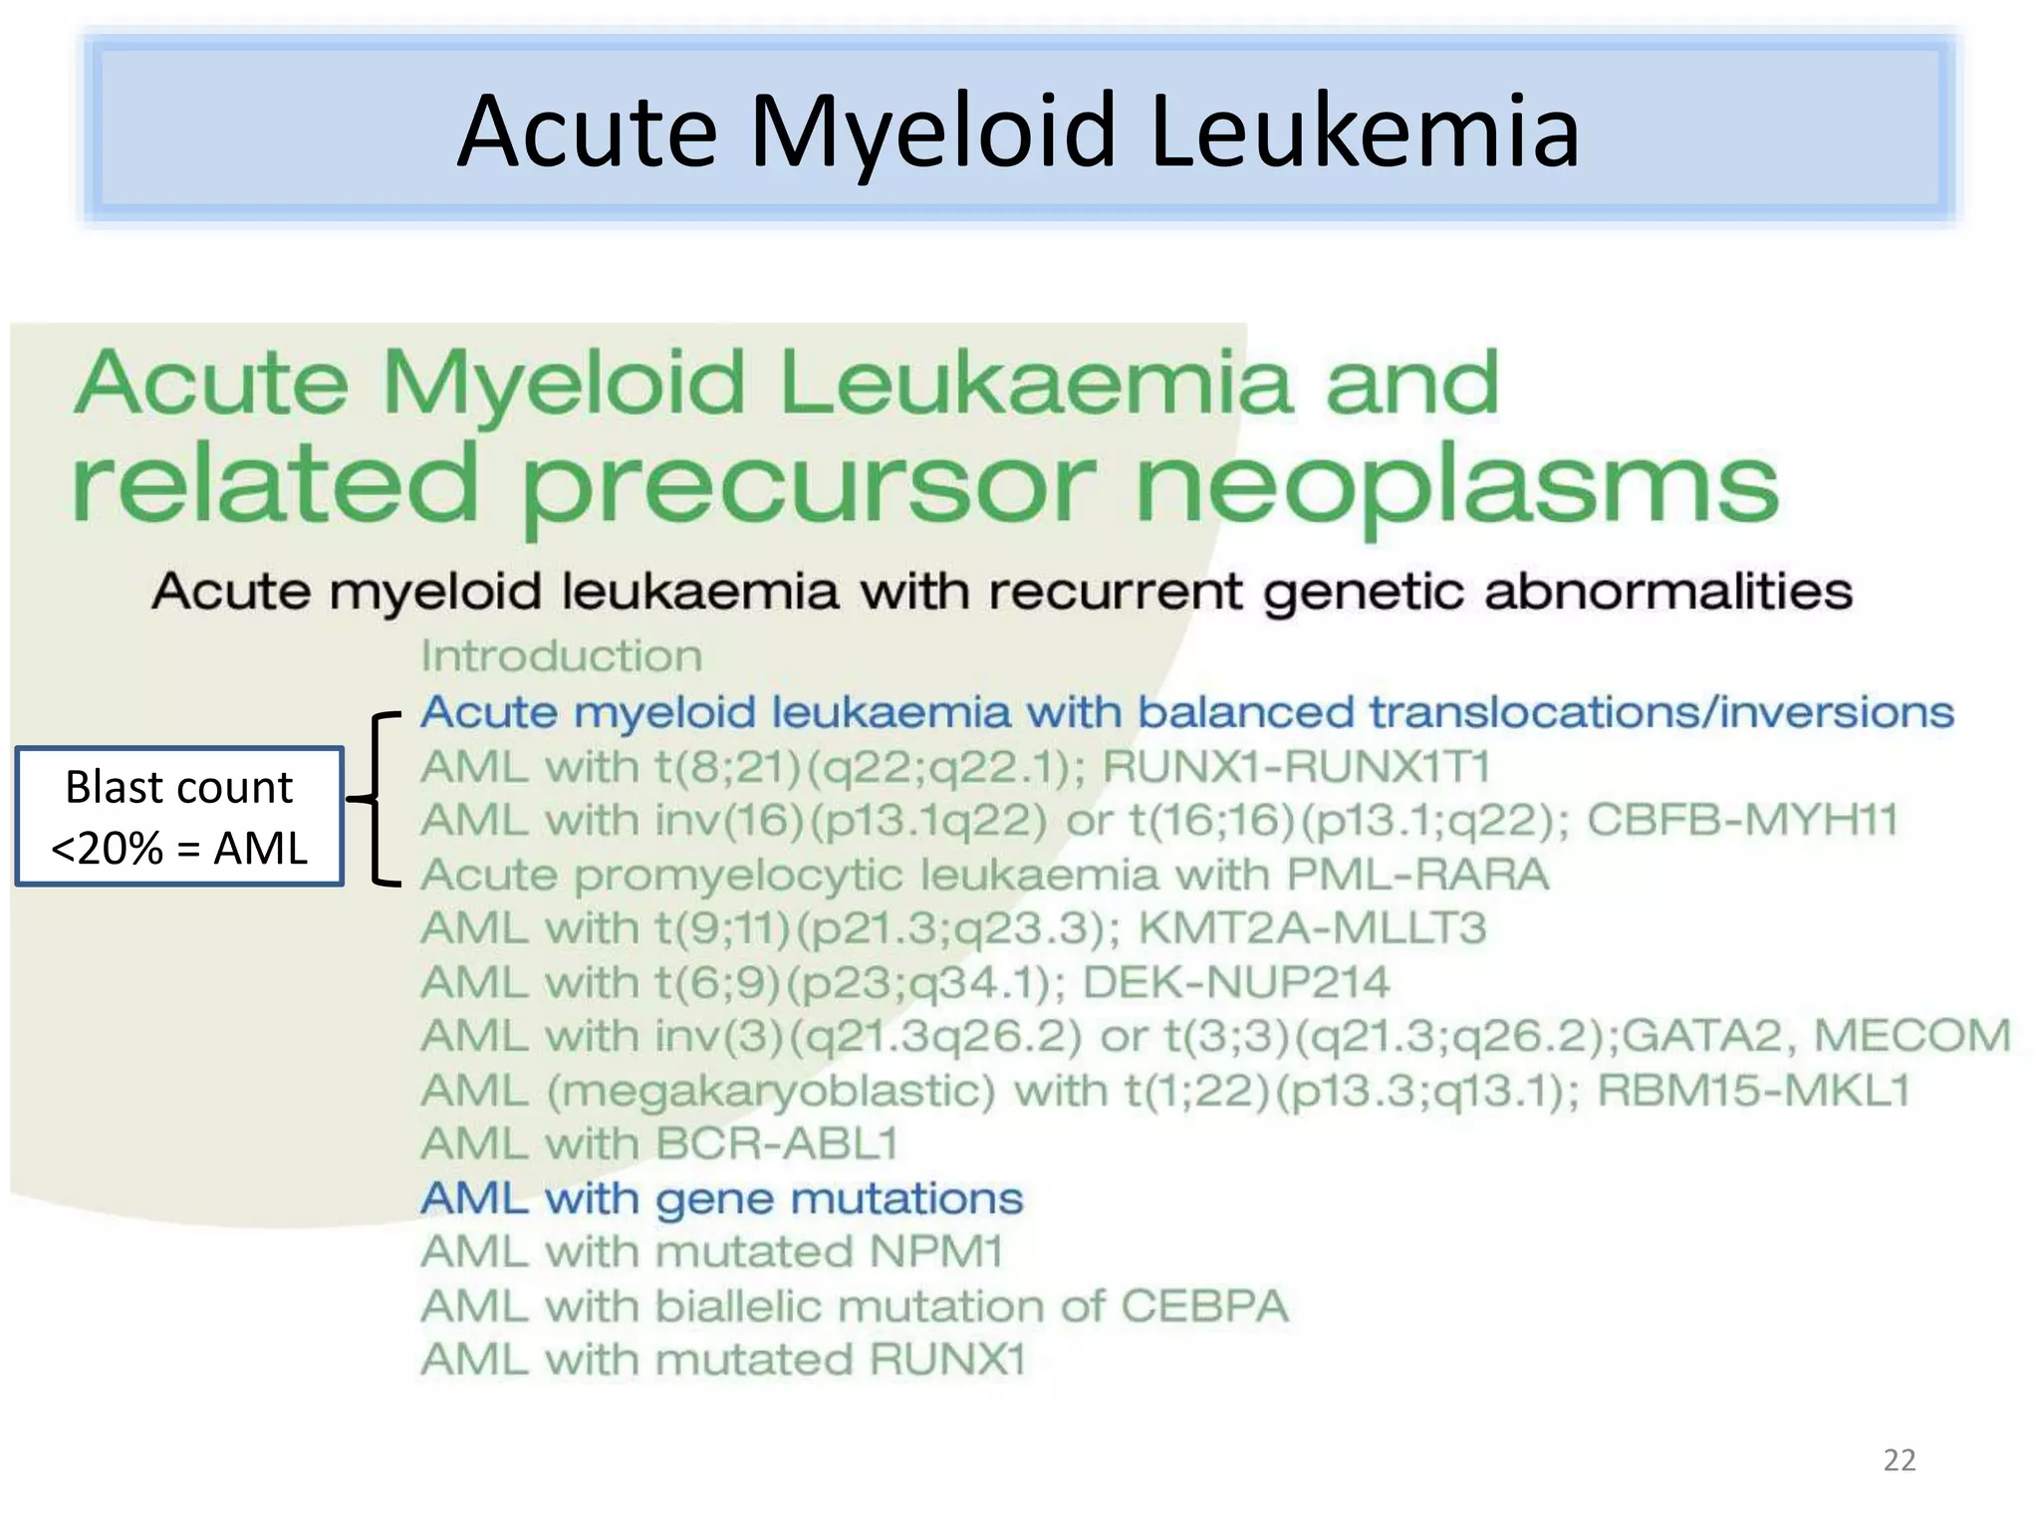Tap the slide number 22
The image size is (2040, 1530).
pos(1899,1460)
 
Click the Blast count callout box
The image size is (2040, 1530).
pos(179,817)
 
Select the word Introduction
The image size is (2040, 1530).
pos(562,656)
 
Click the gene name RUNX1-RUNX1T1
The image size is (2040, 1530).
pos(1297,767)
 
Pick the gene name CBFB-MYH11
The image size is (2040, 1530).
pos(1742,821)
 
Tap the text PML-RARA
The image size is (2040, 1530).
pos(1417,875)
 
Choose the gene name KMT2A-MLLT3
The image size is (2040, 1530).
pos(1312,928)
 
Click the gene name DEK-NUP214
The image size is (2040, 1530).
pos(1235,982)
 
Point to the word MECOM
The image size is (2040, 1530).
pos(1912,1036)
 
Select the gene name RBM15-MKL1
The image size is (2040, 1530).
pos(1753,1091)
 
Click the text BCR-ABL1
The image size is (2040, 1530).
pos(777,1145)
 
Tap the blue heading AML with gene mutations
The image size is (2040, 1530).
pos(722,1198)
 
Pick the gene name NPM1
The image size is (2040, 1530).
pos(935,1252)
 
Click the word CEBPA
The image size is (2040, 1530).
pos(1204,1306)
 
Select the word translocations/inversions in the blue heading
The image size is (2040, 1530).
pos(1660,712)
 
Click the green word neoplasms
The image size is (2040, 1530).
pos(1456,486)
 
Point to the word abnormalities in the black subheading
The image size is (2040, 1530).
pos(1667,592)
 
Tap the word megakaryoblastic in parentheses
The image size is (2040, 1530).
pos(771,1091)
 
